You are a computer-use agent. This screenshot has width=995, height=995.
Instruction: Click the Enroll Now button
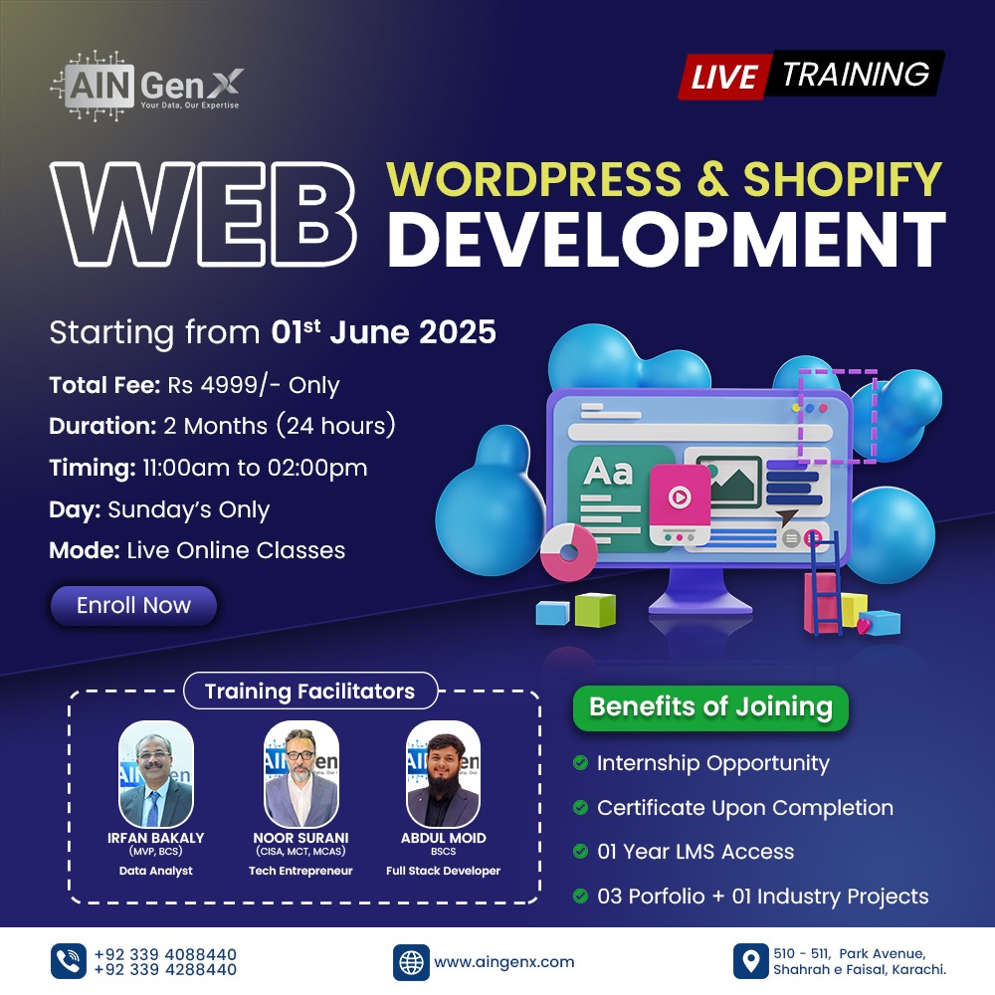tap(133, 605)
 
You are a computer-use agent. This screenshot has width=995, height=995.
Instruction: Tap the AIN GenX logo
tap(146, 86)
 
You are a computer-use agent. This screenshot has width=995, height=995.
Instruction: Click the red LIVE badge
tap(724, 77)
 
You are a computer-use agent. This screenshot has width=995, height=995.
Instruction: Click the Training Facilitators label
tap(309, 691)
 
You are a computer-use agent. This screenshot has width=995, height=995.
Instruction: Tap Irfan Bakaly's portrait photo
tap(156, 773)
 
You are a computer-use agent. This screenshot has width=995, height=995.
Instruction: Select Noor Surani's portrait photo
tap(300, 773)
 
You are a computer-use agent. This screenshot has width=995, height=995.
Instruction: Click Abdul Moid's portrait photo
tap(443, 773)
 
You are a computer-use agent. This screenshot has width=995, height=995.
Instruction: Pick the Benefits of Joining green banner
tap(710, 707)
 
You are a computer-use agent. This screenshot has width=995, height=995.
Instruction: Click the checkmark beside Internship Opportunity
tap(580, 762)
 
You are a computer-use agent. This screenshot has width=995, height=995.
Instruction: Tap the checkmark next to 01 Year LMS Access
tap(580, 851)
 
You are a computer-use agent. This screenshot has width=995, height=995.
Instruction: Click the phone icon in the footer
tap(69, 961)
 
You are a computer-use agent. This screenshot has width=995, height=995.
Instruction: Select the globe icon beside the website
tap(411, 962)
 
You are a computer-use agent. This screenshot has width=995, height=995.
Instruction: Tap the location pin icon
tap(750, 961)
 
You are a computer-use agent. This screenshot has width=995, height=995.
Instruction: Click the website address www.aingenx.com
tap(503, 962)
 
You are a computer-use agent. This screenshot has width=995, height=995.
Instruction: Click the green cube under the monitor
tap(595, 610)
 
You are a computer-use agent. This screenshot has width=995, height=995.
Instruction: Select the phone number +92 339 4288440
tap(165, 969)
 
